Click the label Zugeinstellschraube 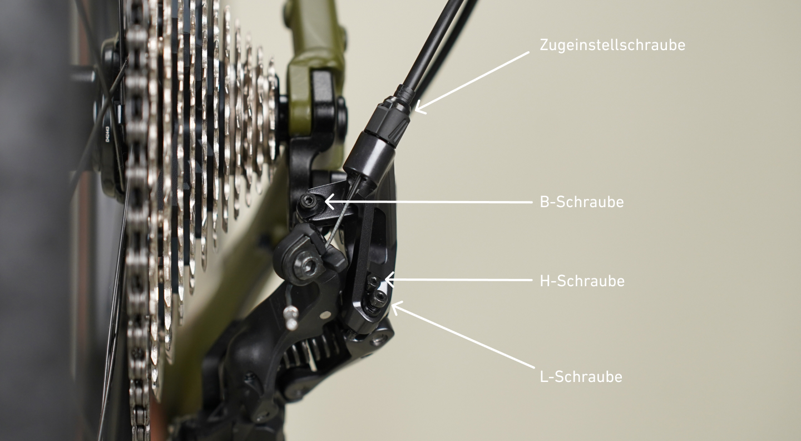coord(612,45)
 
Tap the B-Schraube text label coord(582,202)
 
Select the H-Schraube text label coord(582,281)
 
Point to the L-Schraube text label coord(581,376)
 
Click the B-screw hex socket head coord(308,202)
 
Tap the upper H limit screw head coord(373,282)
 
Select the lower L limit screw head coord(379,297)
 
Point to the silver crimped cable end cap coord(291,318)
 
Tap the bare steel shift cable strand coord(341,215)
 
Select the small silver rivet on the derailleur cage coord(325,315)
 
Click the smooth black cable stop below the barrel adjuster coord(368,158)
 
